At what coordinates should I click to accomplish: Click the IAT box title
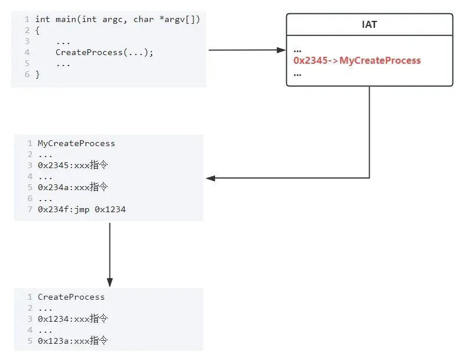click(x=370, y=25)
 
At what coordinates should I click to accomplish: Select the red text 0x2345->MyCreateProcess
click(x=357, y=60)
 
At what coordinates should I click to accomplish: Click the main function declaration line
click(x=117, y=20)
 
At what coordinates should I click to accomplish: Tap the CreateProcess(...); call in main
click(x=104, y=52)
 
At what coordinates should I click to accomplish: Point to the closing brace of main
click(x=38, y=74)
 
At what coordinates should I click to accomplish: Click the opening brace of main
click(x=38, y=31)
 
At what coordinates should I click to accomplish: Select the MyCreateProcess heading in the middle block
click(x=76, y=143)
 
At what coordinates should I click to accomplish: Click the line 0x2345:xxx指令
click(x=73, y=165)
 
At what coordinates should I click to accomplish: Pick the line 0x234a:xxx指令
click(x=73, y=187)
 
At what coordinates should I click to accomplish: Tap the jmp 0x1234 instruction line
click(x=82, y=209)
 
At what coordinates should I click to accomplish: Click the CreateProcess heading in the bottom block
click(x=71, y=297)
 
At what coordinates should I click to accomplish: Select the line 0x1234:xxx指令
click(x=73, y=319)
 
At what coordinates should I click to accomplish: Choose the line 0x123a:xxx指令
click(x=73, y=341)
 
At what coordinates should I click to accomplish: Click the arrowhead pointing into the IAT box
click(x=282, y=50)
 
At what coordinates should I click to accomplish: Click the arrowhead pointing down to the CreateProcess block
click(x=110, y=282)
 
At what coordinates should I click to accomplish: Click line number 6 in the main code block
click(x=27, y=74)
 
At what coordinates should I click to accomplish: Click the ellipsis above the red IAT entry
click(x=297, y=50)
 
